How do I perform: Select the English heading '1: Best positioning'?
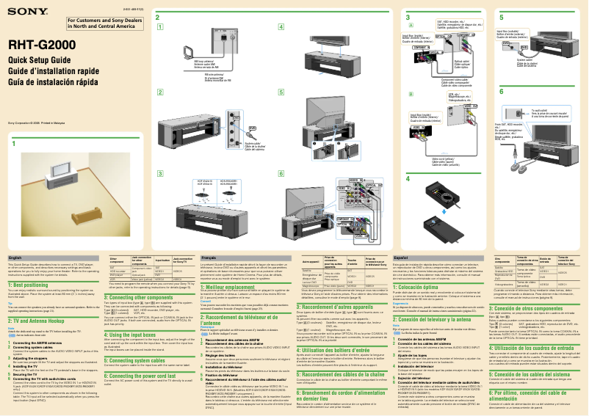pyautogui.click(x=27, y=284)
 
